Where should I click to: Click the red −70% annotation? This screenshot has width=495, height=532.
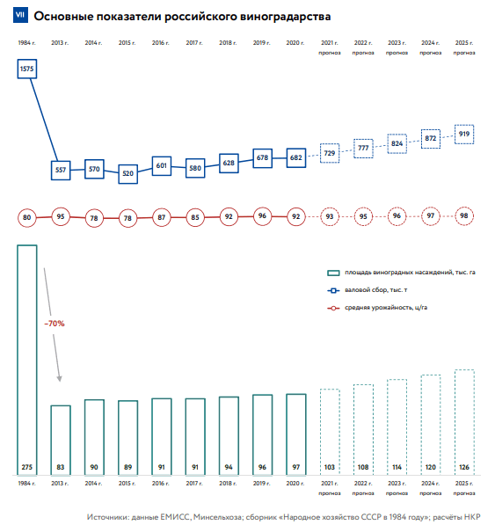(x=55, y=324)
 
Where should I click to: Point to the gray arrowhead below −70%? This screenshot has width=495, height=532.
(x=60, y=379)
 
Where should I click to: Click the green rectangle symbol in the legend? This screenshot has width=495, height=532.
(x=333, y=273)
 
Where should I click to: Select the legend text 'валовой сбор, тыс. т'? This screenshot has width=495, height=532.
(x=376, y=290)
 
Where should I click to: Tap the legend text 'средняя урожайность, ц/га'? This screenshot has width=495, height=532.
(x=386, y=308)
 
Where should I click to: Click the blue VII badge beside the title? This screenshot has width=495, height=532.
(x=20, y=15)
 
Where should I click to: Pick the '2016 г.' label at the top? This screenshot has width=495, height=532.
(x=161, y=43)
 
